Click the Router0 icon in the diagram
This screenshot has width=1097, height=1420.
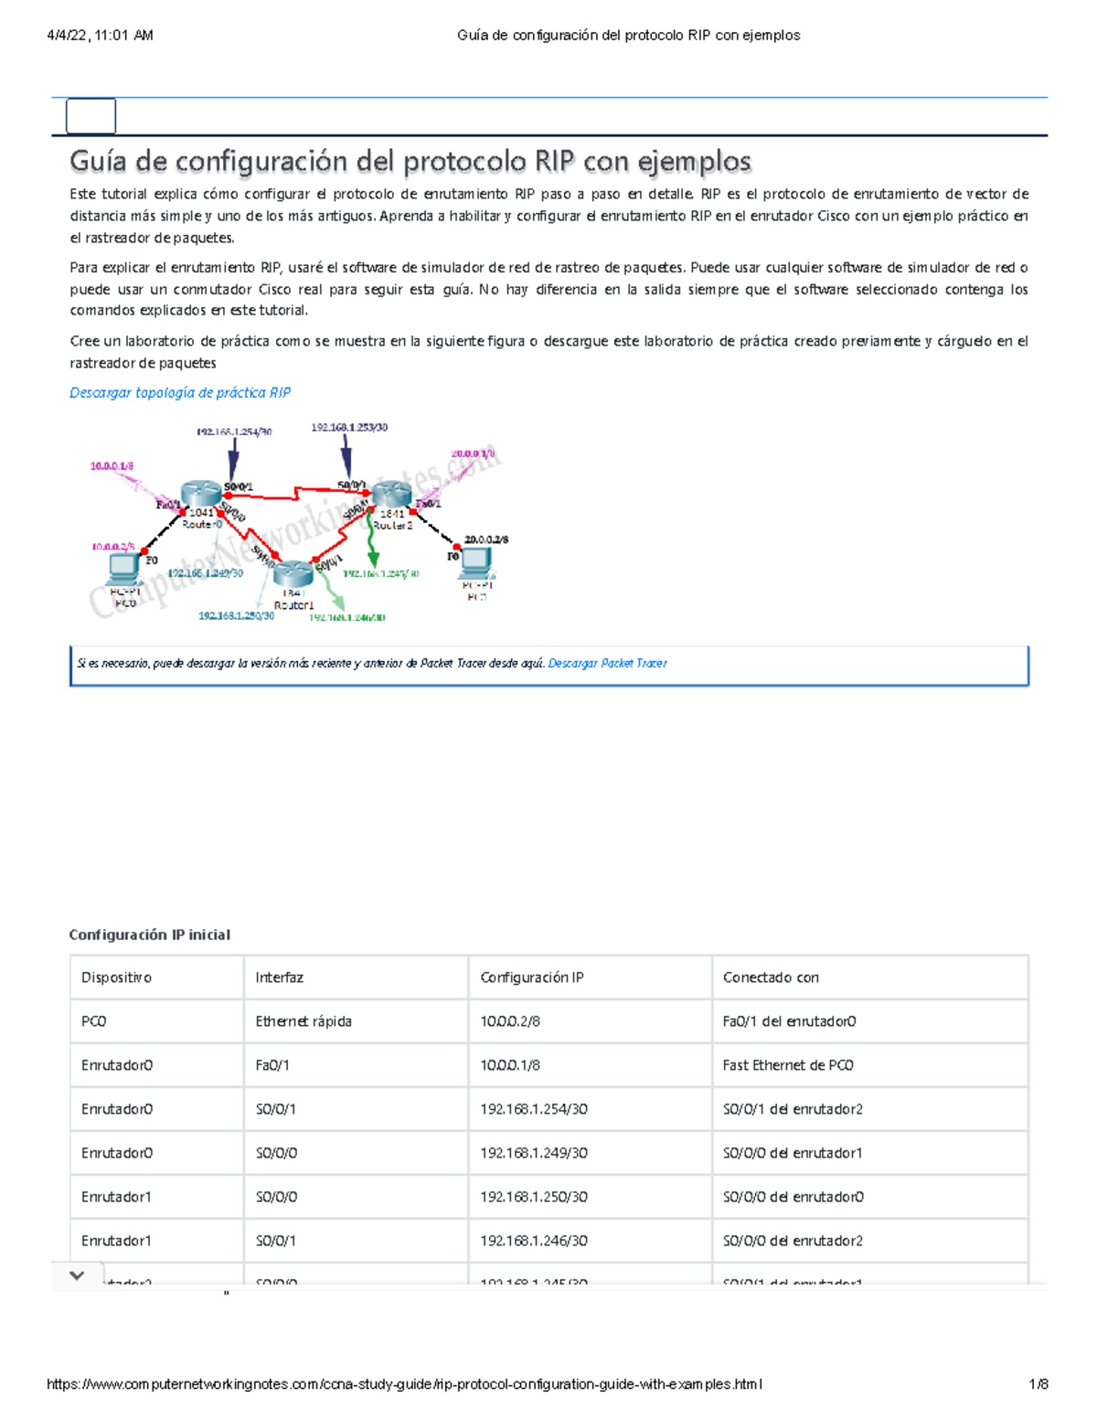200,495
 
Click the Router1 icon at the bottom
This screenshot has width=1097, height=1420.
293,574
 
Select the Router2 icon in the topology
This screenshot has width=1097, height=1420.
391,495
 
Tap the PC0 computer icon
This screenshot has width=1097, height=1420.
124,570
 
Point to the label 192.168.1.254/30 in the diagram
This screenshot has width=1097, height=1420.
233,432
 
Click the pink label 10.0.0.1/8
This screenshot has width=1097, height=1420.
112,466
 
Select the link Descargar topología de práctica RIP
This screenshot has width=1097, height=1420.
180,392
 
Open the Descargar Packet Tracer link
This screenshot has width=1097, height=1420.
607,664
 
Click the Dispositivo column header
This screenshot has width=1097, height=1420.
116,977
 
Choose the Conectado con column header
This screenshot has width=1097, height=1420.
771,977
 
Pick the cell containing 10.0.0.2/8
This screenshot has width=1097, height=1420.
510,1021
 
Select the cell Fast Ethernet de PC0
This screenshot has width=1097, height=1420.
788,1065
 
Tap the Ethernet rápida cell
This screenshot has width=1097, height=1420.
304,1021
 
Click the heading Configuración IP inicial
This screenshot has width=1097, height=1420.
150,934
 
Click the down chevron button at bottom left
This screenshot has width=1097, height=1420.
77,1276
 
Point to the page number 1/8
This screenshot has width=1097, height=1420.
1038,1384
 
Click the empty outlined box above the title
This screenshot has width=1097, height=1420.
91,116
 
